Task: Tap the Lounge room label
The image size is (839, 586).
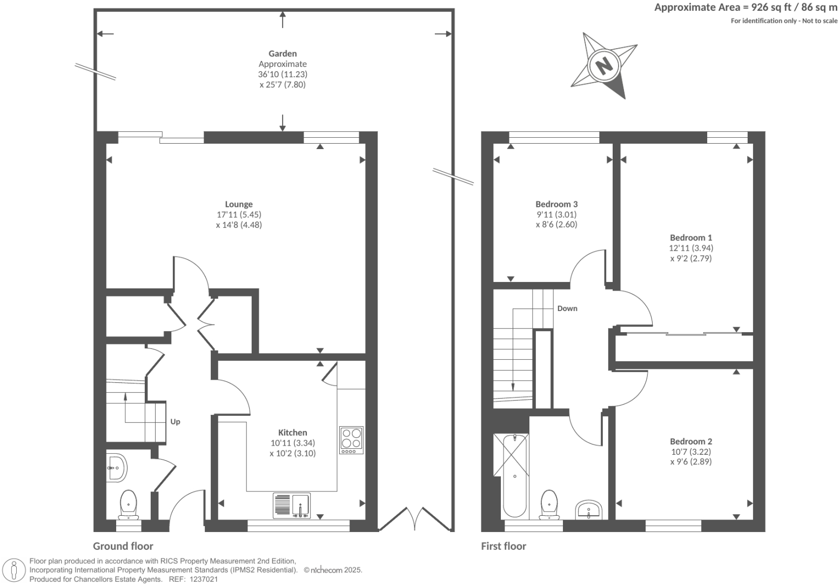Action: pos(238,205)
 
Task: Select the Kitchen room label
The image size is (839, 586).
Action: pos(292,433)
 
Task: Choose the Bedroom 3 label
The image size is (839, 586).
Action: pos(556,204)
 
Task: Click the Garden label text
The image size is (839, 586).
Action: pos(283,53)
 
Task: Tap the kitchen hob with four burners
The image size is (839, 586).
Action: pos(352,440)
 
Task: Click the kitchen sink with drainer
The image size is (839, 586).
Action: pos(292,506)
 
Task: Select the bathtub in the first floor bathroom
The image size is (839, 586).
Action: pos(514,475)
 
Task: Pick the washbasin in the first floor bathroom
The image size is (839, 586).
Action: pos(588,510)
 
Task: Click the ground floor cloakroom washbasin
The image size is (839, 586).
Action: pos(116,467)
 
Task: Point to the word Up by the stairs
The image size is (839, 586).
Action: pos(175,422)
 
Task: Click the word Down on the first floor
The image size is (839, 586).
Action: pos(567,308)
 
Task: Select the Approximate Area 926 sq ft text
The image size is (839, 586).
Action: pos(746,8)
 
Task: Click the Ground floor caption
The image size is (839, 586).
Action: pos(123,546)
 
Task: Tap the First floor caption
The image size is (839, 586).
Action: pos(504,546)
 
